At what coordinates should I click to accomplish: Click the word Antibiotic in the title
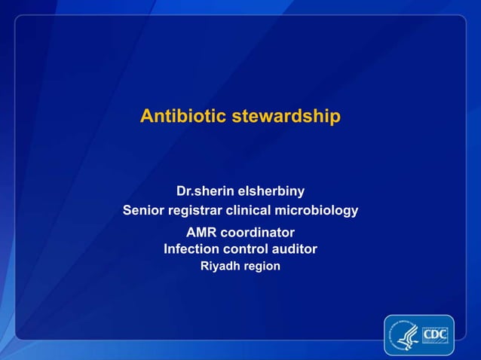click(x=182, y=117)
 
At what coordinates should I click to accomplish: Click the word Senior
click(x=142, y=210)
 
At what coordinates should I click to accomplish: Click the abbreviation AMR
click(x=202, y=232)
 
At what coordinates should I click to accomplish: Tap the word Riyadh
click(x=219, y=266)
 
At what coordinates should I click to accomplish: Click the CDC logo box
click(x=435, y=334)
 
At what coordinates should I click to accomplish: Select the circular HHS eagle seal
click(x=403, y=334)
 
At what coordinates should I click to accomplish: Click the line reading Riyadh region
click(x=240, y=266)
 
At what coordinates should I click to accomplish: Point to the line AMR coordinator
click(x=240, y=232)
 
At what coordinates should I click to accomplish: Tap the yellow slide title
click(x=240, y=117)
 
